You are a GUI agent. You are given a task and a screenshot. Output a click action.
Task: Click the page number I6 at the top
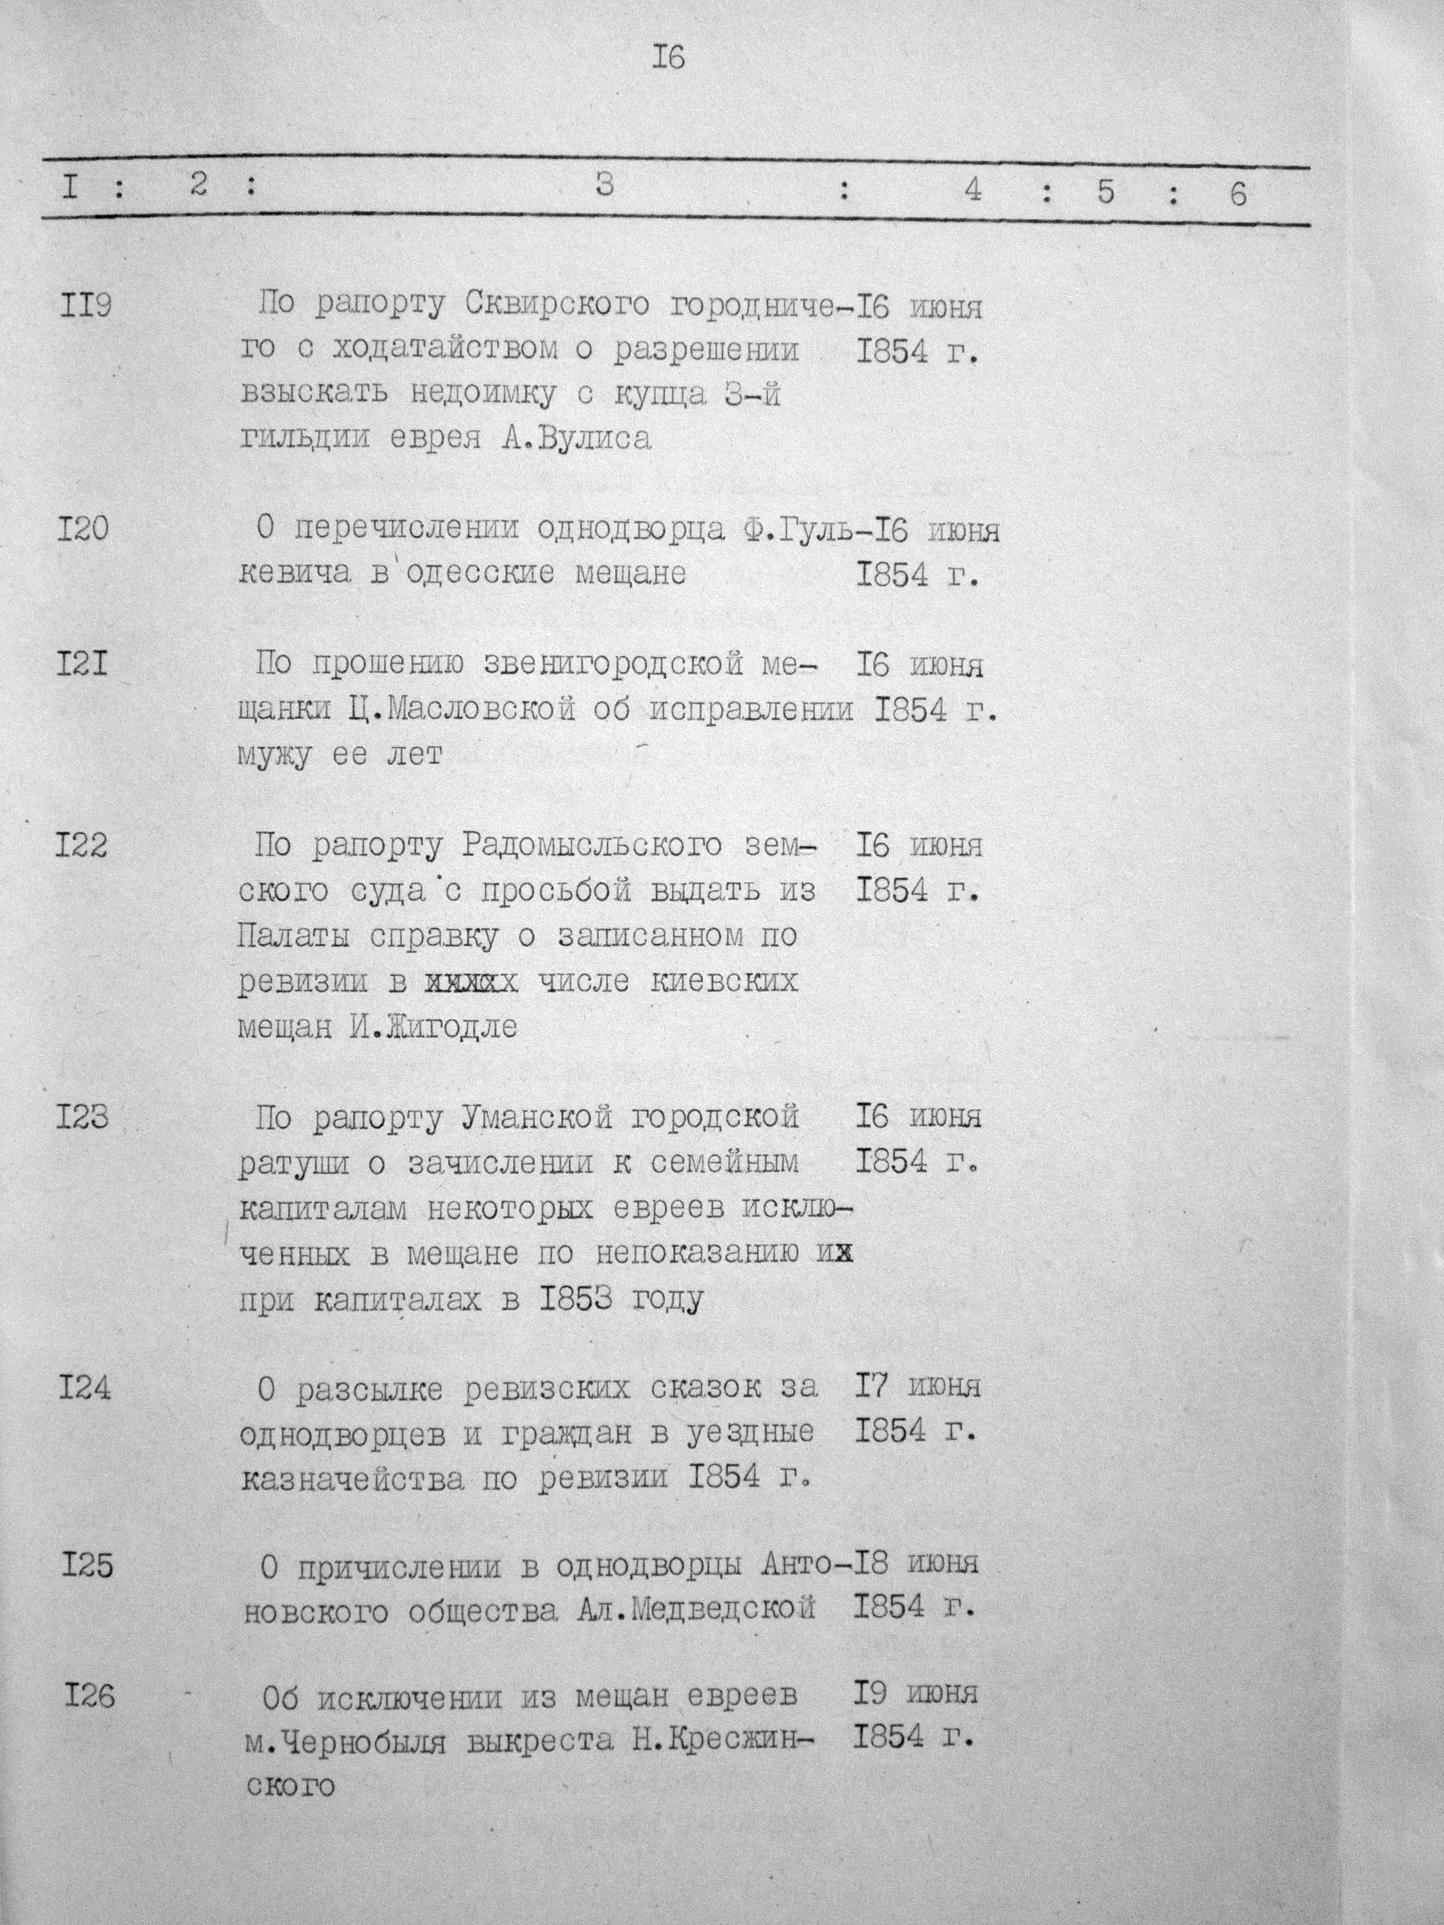(668, 57)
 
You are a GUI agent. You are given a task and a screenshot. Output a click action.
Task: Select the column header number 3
(605, 186)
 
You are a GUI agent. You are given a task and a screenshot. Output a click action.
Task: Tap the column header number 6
(1237, 193)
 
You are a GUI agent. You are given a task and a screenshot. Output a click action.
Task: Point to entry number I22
(82, 845)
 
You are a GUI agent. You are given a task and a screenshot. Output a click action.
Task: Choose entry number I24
(85, 1387)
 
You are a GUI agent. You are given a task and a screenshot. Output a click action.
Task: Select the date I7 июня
(917, 1384)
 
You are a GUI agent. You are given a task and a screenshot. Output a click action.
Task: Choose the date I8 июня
(916, 1563)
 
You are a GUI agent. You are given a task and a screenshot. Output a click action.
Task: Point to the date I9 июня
(916, 1693)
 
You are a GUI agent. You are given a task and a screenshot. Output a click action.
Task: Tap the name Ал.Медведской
(695, 1608)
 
